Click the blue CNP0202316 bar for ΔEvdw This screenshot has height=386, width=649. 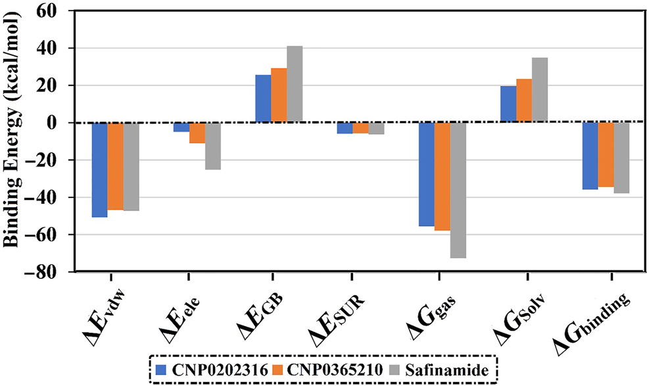[x=99, y=170]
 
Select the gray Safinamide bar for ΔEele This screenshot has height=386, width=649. [x=212, y=146]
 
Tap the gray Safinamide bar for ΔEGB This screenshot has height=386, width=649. [x=295, y=84]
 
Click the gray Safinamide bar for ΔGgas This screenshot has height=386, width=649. [x=458, y=190]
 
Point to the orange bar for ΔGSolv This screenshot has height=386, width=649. [x=523, y=101]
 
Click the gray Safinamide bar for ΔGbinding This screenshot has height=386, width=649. [x=621, y=158]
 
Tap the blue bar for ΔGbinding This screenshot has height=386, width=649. [x=590, y=156]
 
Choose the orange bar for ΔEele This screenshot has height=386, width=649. [x=197, y=133]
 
